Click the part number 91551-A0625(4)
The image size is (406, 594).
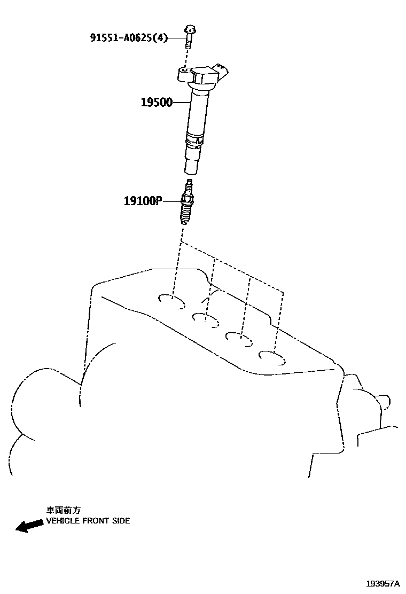[128, 38]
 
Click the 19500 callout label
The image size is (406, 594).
[157, 103]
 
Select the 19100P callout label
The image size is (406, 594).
[142, 201]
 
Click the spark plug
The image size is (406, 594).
[187, 205]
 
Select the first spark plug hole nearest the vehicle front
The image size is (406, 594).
[173, 301]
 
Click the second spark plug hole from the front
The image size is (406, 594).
[206, 319]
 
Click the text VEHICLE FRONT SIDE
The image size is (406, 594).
[88, 521]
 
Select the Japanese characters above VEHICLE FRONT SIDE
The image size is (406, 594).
[63, 511]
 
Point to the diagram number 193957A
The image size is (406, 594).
[382, 584]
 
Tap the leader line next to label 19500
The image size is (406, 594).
[182, 103]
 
